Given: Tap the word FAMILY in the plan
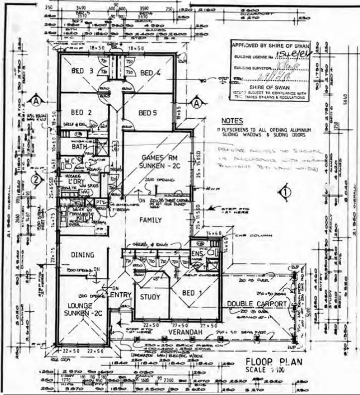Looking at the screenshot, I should click(x=153, y=219).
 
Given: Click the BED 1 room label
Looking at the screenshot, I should click(x=191, y=293).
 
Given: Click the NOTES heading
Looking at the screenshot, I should click(x=232, y=121).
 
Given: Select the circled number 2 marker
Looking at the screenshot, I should click(x=35, y=179).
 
